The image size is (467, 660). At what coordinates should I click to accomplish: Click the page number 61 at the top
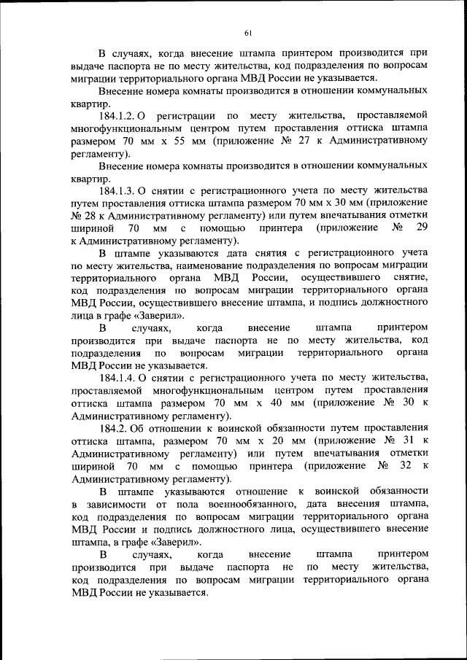click(247, 32)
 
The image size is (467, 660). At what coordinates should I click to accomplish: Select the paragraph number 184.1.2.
click(116, 116)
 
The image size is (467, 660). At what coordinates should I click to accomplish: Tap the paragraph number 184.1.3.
click(116, 191)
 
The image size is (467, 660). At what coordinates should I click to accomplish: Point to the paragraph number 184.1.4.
click(116, 378)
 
